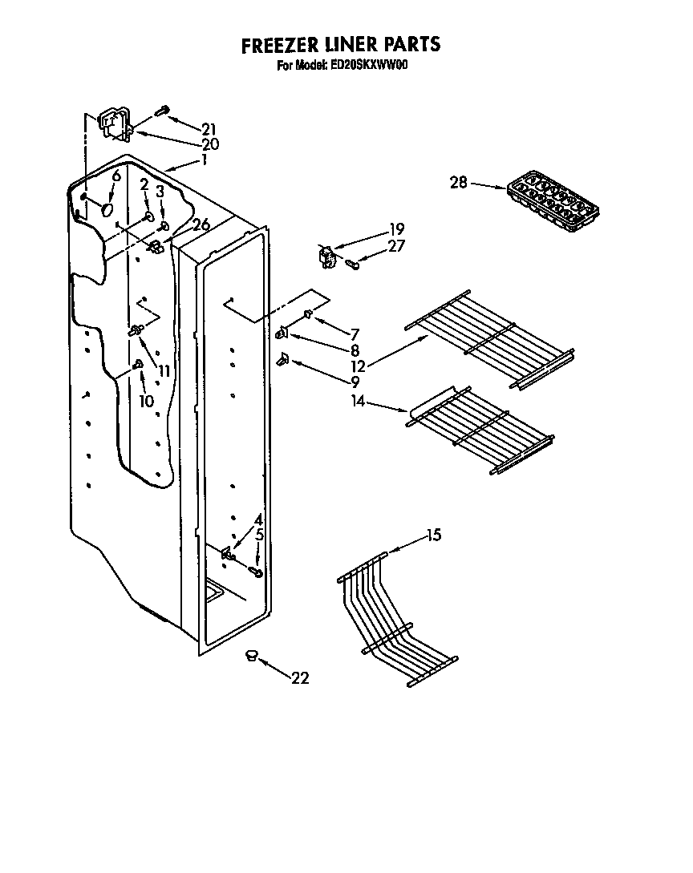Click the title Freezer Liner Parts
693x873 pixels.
(x=341, y=45)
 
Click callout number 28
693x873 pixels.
(x=458, y=183)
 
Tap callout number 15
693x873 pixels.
(x=433, y=536)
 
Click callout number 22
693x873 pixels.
(x=300, y=678)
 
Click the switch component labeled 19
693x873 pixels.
(x=326, y=257)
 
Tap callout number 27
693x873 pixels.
(x=396, y=246)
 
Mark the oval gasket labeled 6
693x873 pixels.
(x=105, y=209)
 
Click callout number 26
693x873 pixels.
(x=201, y=225)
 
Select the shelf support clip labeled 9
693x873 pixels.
(x=282, y=361)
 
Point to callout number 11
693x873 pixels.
(x=164, y=370)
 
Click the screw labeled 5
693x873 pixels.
(x=256, y=572)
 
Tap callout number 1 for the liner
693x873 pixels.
(x=205, y=160)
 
